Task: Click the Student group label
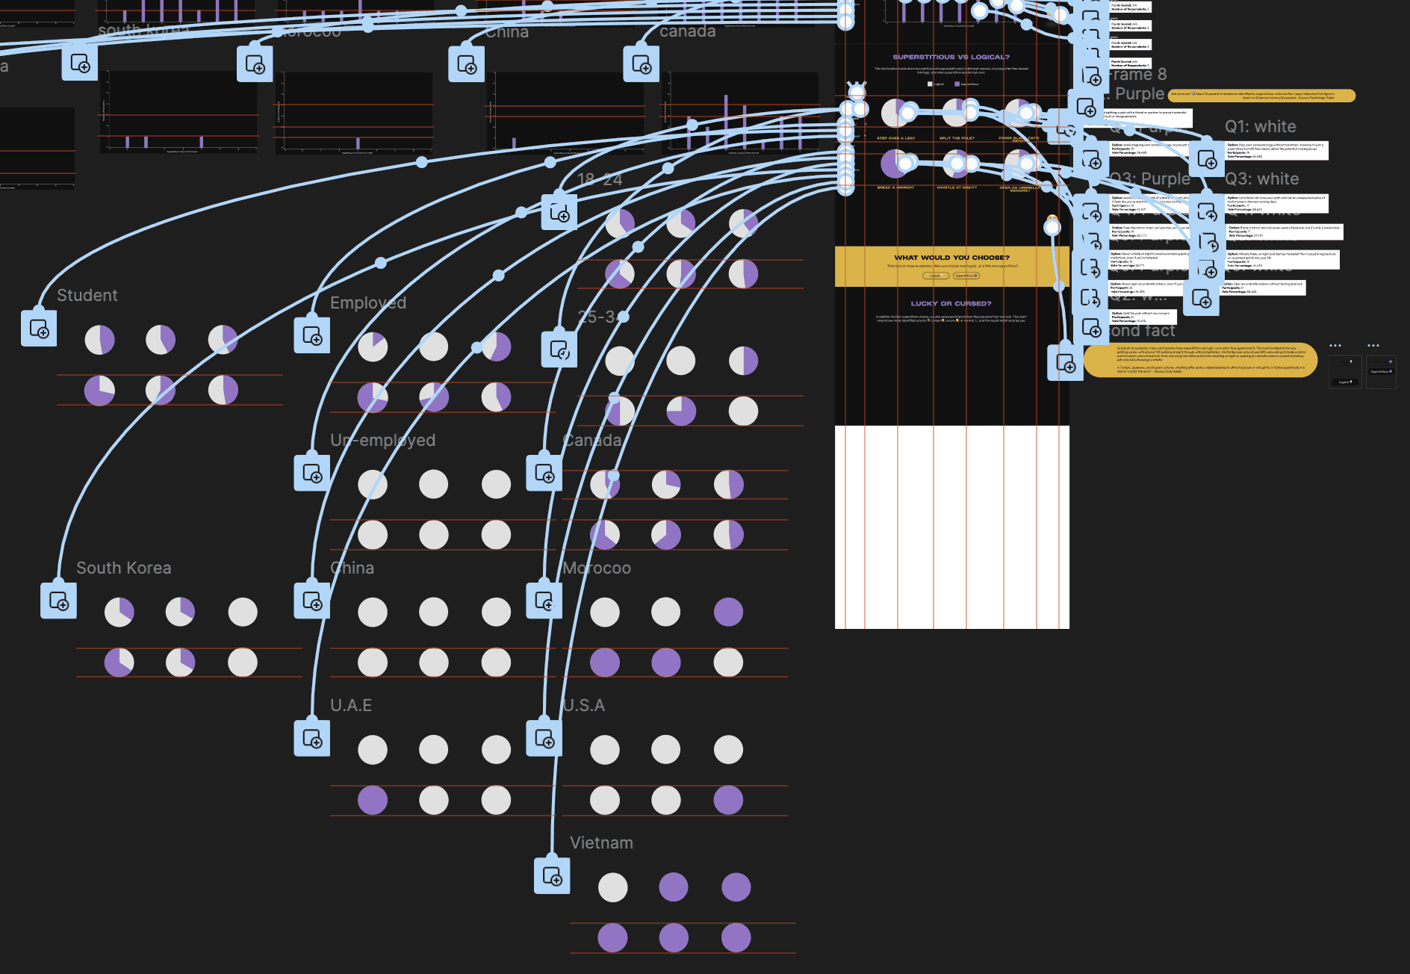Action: coord(87,296)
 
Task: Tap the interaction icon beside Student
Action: coord(39,329)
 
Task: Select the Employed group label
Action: coord(367,303)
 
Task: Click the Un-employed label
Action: coord(382,441)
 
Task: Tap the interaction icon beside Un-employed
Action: coord(312,474)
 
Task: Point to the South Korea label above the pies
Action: coord(123,568)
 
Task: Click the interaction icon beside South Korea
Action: coord(58,601)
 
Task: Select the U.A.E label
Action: coord(351,706)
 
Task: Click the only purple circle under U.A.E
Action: coord(373,800)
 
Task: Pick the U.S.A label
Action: coord(583,706)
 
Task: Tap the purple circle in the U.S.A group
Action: coord(728,800)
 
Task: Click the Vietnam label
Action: coord(601,843)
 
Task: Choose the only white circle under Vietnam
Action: coord(613,887)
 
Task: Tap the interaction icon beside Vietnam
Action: coord(552,876)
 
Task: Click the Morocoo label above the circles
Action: coord(597,568)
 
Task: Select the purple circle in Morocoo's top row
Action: coord(728,612)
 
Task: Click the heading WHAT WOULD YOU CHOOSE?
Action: coord(951,258)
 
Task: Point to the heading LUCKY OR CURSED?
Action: coord(951,304)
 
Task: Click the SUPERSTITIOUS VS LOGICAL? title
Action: coord(951,57)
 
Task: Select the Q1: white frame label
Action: coord(1260,127)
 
